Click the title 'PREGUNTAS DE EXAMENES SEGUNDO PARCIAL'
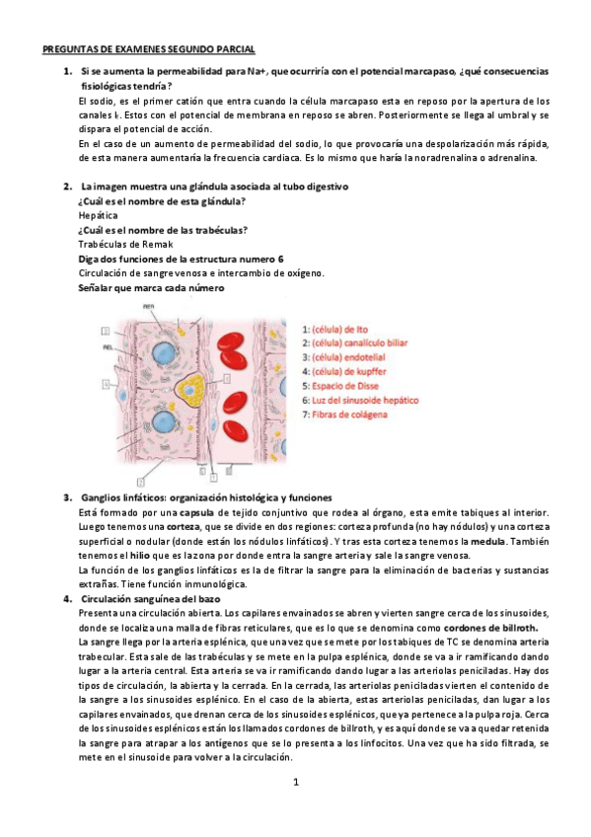[x=148, y=47]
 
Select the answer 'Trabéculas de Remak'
[x=125, y=244]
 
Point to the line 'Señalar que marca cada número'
[x=150, y=287]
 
